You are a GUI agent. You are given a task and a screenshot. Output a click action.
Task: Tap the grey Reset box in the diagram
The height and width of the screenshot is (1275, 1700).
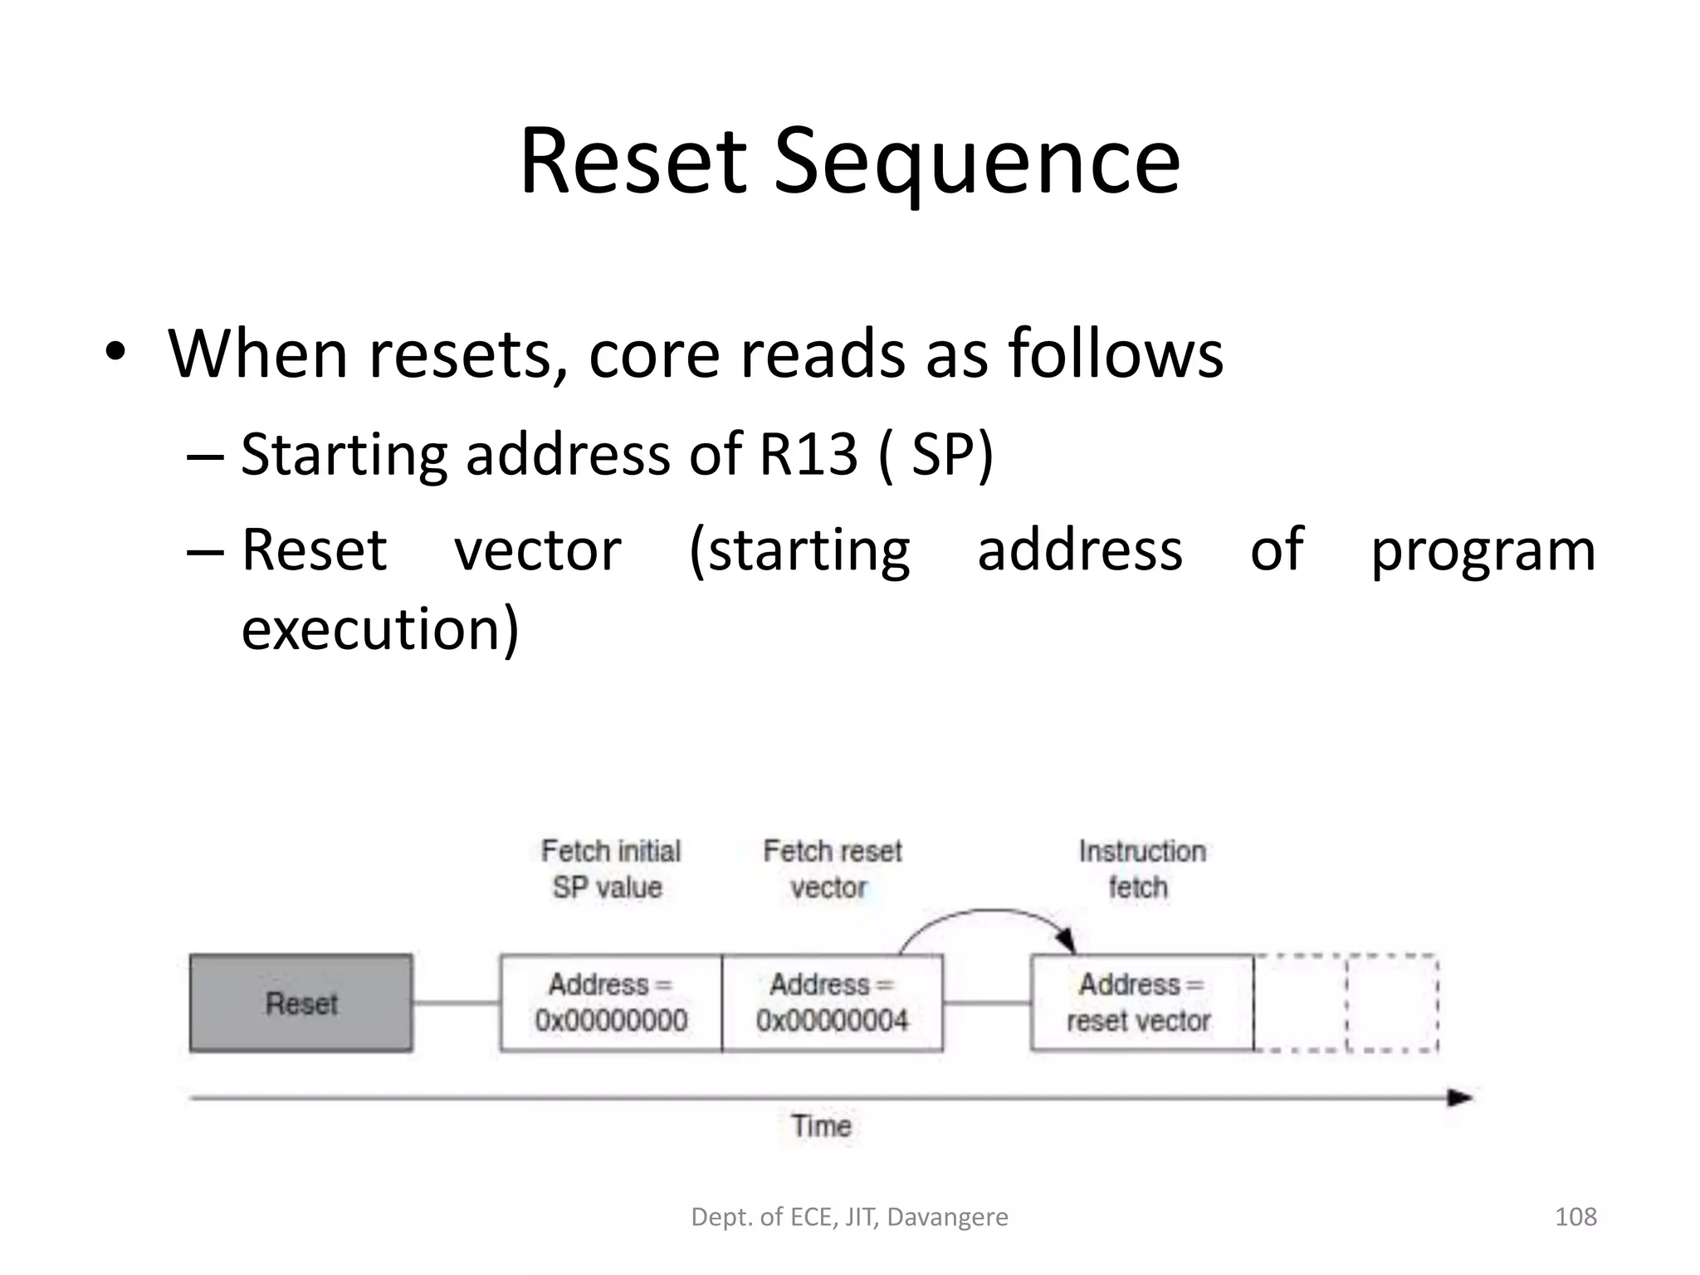[301, 1004]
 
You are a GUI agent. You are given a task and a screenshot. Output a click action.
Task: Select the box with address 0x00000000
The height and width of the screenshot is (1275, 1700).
[611, 1004]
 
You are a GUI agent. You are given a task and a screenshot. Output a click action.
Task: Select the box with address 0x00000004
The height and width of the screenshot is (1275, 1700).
[833, 1004]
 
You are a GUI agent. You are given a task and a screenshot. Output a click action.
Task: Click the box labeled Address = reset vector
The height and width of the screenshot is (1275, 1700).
[1141, 1004]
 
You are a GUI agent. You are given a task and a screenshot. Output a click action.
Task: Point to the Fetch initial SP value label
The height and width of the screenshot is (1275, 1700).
[610, 869]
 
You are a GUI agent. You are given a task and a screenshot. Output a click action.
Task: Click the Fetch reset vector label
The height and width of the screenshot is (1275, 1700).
[832, 869]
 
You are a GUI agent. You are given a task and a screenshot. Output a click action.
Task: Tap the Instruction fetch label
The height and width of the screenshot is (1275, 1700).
[1141, 869]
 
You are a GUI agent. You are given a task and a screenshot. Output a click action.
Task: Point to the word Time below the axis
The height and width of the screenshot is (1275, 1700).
[821, 1126]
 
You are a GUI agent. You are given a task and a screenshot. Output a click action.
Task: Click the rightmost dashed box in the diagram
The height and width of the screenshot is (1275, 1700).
[1392, 1004]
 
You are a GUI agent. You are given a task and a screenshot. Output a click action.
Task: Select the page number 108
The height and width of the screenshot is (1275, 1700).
[1575, 1217]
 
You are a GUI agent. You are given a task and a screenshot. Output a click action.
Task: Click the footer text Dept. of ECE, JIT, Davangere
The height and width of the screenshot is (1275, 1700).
[849, 1217]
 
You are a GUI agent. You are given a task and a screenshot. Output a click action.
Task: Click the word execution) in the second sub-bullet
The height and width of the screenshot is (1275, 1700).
[380, 628]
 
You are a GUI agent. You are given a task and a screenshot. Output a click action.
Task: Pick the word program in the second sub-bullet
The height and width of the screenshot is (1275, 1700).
[1483, 551]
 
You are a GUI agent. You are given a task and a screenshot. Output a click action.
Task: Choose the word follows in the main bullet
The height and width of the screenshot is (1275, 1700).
[1115, 354]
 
